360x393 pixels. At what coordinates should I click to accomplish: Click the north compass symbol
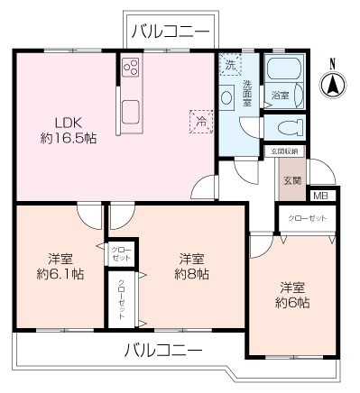point(332,83)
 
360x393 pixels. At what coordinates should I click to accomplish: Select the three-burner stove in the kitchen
point(130,69)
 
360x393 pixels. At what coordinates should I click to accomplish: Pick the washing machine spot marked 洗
point(229,66)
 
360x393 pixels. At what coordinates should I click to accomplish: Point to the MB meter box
point(320,196)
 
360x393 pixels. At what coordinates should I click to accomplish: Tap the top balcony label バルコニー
point(170,31)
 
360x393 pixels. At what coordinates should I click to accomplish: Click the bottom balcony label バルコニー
point(162,350)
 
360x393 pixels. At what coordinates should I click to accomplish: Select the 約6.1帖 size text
point(60,273)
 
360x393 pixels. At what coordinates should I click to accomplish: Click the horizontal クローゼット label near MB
point(309,219)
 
